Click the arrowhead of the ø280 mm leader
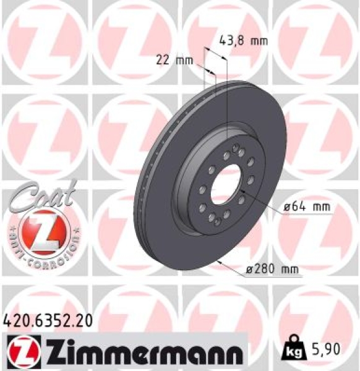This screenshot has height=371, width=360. pyautogui.click(x=220, y=263)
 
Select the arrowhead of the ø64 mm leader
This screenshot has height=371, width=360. pyautogui.click(x=242, y=191)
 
